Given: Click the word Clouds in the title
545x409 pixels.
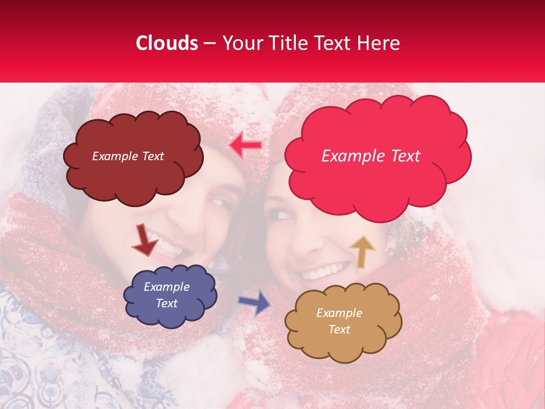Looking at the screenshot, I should [x=167, y=43].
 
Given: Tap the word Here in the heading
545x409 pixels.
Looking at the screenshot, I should [x=379, y=43].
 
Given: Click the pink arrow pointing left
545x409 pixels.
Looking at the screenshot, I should [x=245, y=145].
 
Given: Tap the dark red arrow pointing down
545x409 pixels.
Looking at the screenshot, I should [x=144, y=239].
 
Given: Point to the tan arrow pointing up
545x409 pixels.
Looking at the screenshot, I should [x=362, y=251].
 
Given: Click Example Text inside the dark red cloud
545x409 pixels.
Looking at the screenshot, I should [x=128, y=156].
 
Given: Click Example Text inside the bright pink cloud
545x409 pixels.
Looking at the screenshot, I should [x=371, y=156].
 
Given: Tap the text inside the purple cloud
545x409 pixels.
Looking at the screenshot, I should [x=167, y=295].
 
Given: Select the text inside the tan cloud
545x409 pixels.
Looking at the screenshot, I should [x=339, y=321].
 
